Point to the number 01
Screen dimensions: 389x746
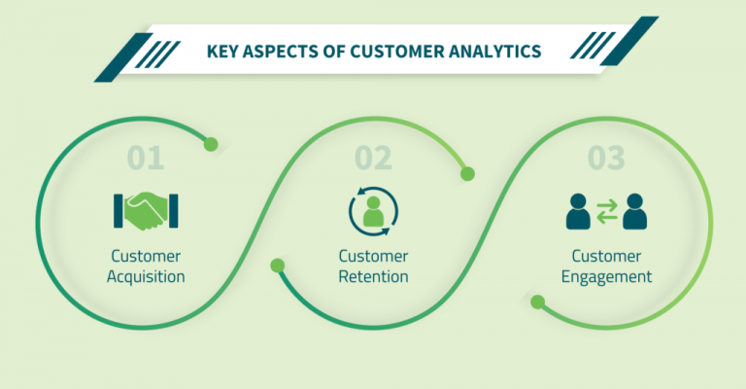click(x=148, y=158)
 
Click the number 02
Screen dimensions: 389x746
click(x=373, y=158)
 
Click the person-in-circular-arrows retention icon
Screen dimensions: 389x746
click(x=373, y=211)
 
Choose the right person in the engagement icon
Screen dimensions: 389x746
click(x=635, y=211)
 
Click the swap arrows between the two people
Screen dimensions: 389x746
click(x=606, y=211)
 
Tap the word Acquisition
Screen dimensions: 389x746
click(x=148, y=276)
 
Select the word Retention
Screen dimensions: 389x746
click(x=373, y=276)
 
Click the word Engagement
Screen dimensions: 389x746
click(x=606, y=276)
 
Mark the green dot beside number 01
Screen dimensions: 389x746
click(x=211, y=144)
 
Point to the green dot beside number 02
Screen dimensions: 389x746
click(x=467, y=174)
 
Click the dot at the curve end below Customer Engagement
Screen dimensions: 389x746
click(x=537, y=301)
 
